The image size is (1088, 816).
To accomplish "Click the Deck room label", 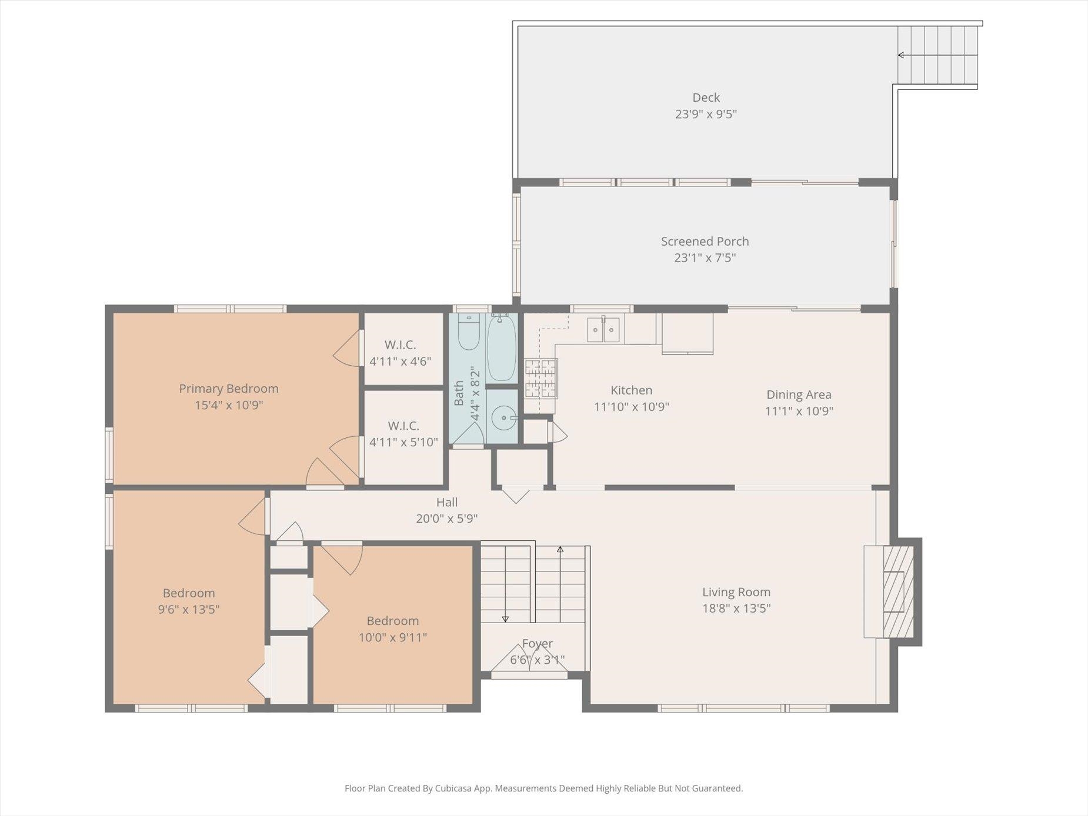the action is click(x=706, y=98).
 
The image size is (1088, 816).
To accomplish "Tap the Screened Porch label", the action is click(x=705, y=241).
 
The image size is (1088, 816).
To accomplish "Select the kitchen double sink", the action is click(x=603, y=329).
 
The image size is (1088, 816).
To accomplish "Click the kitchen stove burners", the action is click(x=540, y=379).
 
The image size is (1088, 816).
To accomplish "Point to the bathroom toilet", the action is click(x=469, y=332).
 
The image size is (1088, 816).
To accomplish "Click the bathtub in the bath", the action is click(x=502, y=348).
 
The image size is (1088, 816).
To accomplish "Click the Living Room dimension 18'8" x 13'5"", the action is click(x=736, y=608).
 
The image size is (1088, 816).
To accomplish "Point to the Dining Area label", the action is click(x=799, y=394).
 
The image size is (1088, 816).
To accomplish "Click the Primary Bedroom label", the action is click(x=229, y=389).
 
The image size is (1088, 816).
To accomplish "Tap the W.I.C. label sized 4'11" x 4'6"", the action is click(x=400, y=353).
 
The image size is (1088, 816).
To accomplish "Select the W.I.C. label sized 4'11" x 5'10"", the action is click(x=403, y=434).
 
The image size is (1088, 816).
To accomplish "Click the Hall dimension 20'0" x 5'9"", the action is click(x=447, y=519).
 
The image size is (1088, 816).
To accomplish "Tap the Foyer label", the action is click(x=538, y=644).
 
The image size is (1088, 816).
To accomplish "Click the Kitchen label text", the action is click(x=631, y=390).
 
